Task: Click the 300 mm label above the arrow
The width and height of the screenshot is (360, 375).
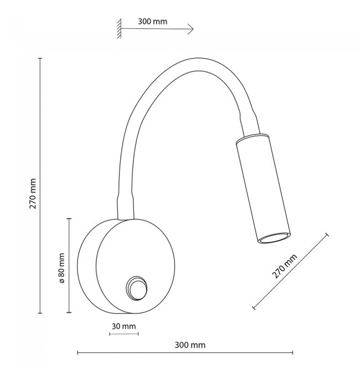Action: click(x=152, y=22)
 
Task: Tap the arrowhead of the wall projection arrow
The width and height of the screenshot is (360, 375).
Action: click(x=191, y=29)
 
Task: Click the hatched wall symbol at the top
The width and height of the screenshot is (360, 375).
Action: click(x=119, y=28)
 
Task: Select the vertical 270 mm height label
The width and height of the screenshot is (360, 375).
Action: click(x=33, y=193)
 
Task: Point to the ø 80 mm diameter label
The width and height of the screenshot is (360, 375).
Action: click(x=61, y=268)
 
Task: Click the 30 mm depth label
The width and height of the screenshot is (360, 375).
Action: click(x=124, y=326)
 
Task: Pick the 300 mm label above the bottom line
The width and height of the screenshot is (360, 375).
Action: click(x=190, y=345)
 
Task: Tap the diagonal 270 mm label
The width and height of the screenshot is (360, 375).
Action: click(x=285, y=266)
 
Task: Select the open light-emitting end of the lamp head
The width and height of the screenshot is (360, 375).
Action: click(x=274, y=238)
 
